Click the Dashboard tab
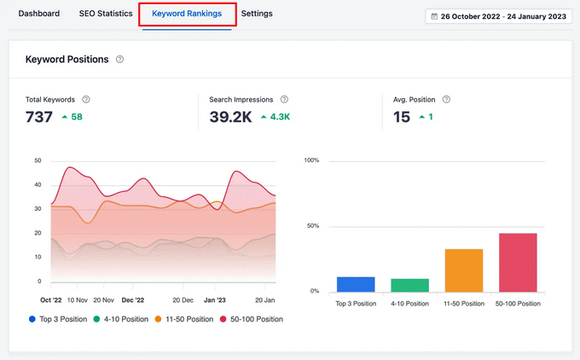39,14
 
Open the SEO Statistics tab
106,14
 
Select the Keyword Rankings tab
187,15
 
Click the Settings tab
257,14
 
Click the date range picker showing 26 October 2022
499,16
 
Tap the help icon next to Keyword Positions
120,60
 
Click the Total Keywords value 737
39,117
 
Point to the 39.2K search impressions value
230,117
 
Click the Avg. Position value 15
402,117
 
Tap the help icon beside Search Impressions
284,100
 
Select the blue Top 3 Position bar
356,284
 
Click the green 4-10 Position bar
409,285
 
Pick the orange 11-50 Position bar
464,270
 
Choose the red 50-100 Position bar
518,263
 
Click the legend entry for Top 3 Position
61,319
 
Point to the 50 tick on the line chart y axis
37,160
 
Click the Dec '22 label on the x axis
134,300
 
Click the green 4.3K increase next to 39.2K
275,117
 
